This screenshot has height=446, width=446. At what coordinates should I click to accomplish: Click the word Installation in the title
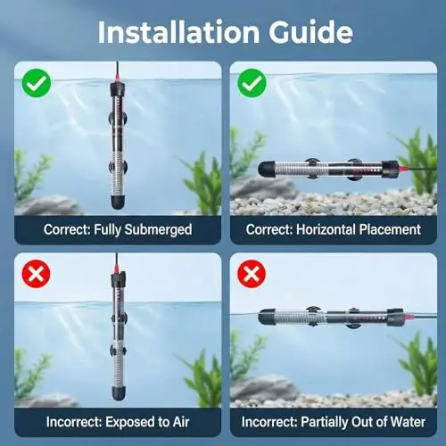click(x=178, y=32)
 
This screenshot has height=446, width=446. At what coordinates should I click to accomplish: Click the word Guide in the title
click(x=310, y=32)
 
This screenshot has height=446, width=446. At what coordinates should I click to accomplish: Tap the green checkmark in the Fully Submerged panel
click(x=37, y=83)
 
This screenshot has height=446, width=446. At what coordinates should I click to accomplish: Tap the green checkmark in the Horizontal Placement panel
click(x=252, y=83)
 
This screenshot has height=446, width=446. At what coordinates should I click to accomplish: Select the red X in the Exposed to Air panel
click(x=37, y=274)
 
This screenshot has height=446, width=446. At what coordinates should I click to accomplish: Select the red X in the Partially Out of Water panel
click(x=252, y=274)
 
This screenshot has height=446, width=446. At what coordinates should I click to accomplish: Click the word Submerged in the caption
click(x=158, y=230)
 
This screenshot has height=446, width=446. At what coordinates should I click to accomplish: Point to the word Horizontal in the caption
click(x=326, y=229)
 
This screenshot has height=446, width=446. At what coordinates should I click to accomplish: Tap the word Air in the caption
click(x=181, y=422)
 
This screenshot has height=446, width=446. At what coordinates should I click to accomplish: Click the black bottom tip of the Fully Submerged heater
click(x=119, y=202)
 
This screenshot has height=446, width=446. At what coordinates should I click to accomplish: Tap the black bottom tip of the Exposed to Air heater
click(x=119, y=393)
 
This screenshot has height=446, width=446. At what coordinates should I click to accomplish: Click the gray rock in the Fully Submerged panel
click(x=47, y=205)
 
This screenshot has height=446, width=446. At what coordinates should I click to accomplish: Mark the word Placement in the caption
click(x=390, y=229)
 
